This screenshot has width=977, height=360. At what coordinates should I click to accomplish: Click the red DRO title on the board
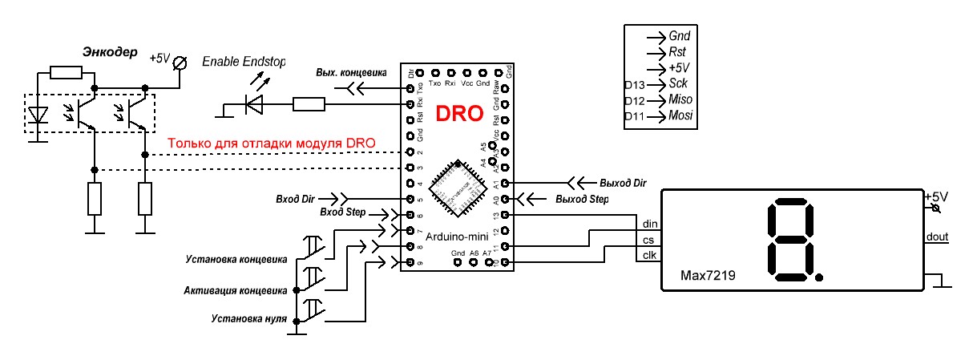(x=459, y=114)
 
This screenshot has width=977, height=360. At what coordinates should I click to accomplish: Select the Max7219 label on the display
(x=709, y=275)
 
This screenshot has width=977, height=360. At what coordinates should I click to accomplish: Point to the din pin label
(x=648, y=223)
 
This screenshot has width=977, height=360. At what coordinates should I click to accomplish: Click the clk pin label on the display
(x=648, y=257)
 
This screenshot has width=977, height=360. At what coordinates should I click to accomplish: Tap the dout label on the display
(x=937, y=236)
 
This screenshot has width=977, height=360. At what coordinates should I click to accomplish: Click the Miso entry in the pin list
(x=680, y=100)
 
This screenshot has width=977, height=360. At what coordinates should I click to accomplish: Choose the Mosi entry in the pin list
(x=680, y=117)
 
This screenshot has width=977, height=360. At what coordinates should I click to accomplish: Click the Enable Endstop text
(x=244, y=62)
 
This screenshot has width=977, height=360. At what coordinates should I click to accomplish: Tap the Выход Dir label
(x=622, y=183)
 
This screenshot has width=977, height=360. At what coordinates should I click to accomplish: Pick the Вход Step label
(x=342, y=212)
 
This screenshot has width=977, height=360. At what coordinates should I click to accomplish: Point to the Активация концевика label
(x=235, y=289)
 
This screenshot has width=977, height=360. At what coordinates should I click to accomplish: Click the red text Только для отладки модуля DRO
(x=271, y=144)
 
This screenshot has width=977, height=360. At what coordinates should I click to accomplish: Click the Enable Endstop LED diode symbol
(x=254, y=104)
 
